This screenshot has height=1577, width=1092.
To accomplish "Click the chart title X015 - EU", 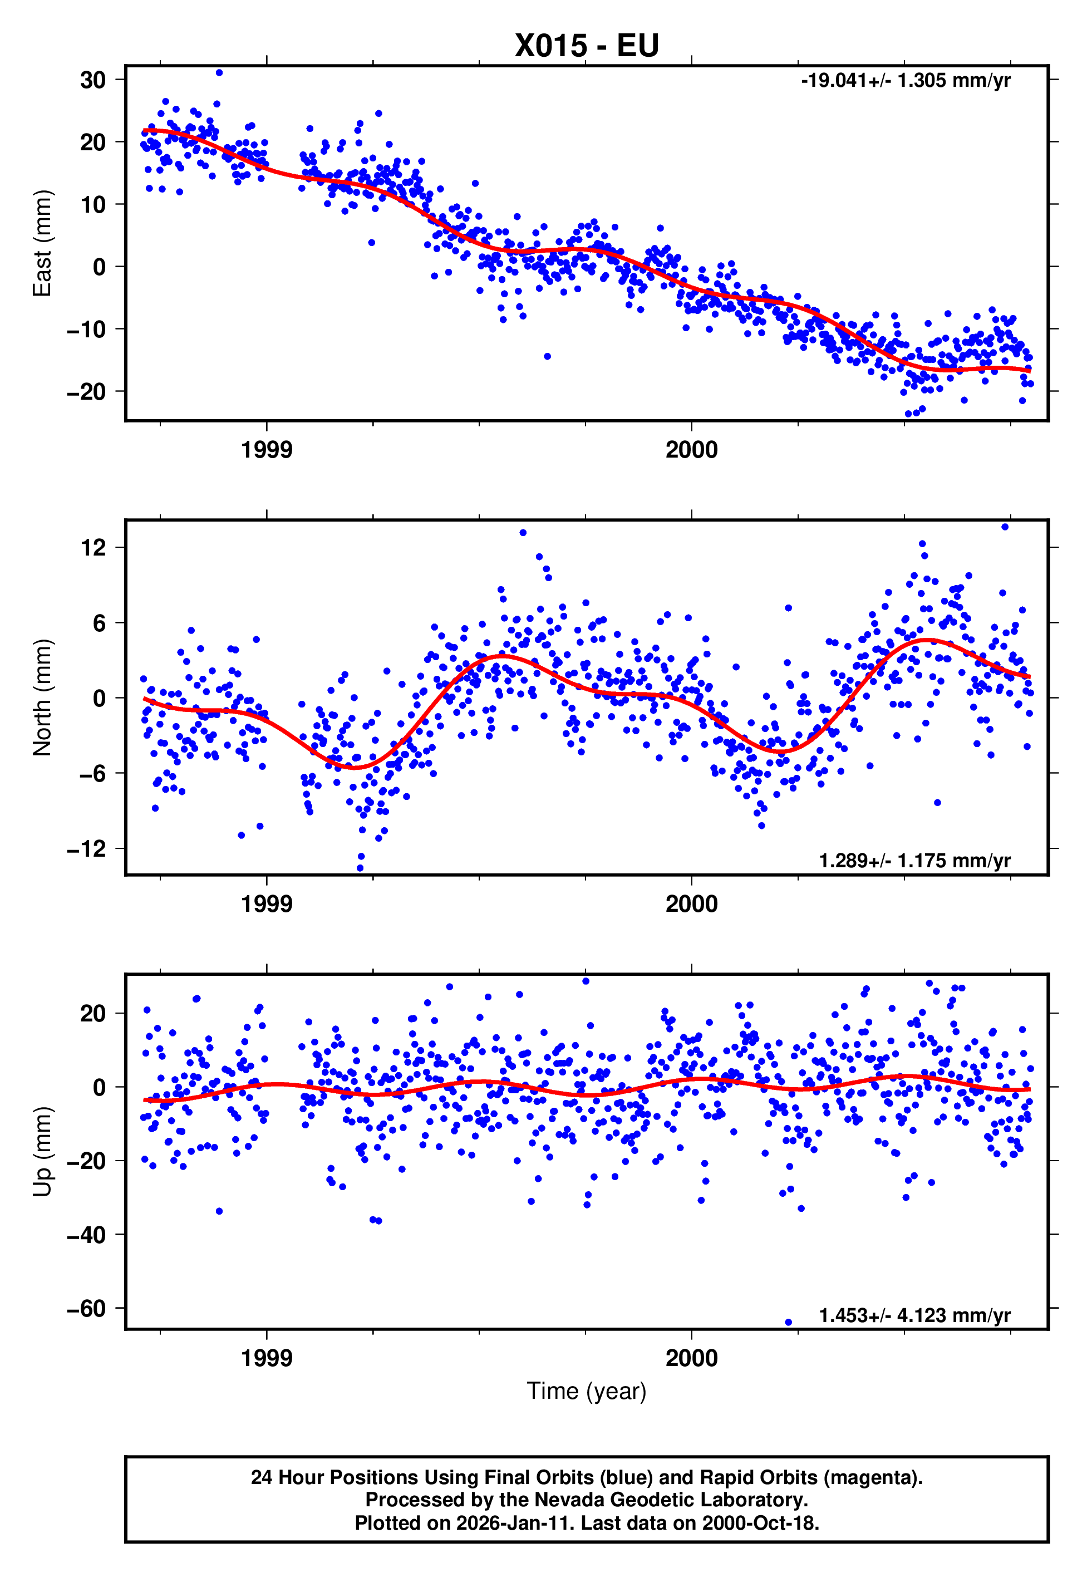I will point(587,46).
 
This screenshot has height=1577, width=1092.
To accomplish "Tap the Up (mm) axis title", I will point(42,1152).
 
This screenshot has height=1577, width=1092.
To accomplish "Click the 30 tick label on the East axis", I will point(93,80).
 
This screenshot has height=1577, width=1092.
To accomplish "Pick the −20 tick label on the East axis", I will point(86,392).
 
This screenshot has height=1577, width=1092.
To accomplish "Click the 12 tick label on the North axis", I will point(93,547).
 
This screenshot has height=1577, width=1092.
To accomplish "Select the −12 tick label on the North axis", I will point(86,849).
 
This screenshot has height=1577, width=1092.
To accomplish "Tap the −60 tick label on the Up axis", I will point(86,1308).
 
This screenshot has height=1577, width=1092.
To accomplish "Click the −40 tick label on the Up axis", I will point(86,1235).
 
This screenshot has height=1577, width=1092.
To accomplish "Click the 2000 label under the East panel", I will point(692,450).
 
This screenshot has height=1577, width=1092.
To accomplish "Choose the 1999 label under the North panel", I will point(267,905).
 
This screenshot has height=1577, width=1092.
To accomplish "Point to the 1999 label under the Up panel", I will point(267,1358).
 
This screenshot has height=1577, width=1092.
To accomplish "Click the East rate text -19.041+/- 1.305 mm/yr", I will point(905,81).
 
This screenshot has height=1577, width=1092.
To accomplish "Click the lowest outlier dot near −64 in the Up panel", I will point(788,1323).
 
